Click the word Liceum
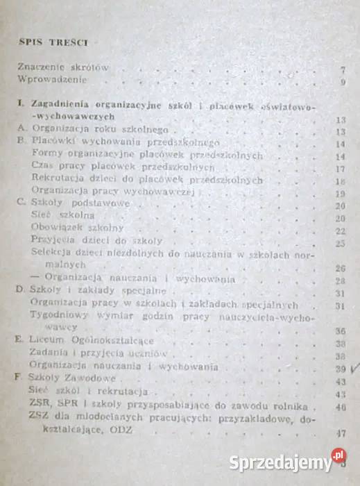coord(47,342)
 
